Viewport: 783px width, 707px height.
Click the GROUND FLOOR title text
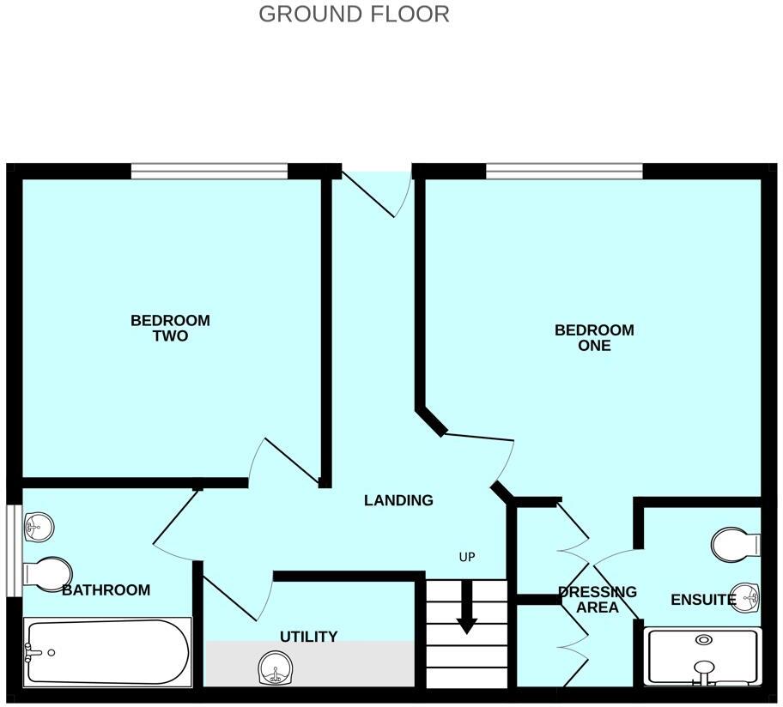(x=354, y=15)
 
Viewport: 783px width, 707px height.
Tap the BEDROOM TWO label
(x=170, y=329)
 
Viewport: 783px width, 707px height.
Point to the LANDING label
(x=398, y=500)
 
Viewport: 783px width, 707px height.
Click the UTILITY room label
(x=308, y=637)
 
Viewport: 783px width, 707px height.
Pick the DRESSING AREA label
(x=598, y=600)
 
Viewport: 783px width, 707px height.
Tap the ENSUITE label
(x=702, y=600)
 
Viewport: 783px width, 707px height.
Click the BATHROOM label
(x=106, y=590)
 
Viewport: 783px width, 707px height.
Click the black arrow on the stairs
(x=466, y=608)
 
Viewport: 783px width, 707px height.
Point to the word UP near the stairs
(x=467, y=557)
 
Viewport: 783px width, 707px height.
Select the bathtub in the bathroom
(x=107, y=652)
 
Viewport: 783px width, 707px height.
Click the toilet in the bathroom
(x=48, y=575)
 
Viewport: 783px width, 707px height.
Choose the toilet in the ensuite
(x=737, y=543)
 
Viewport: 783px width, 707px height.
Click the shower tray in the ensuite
(x=703, y=657)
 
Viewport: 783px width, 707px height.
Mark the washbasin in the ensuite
(x=745, y=598)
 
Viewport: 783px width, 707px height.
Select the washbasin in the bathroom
(x=39, y=527)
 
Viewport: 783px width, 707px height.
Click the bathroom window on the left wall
(x=13, y=550)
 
